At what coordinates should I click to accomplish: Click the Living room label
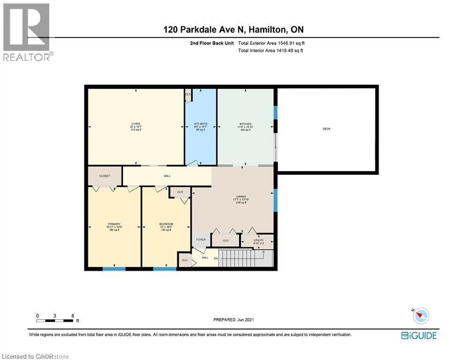click(x=136, y=124)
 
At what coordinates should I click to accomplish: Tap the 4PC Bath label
click(x=201, y=124)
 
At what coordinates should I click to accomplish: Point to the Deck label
click(x=326, y=128)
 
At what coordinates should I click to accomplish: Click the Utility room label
click(x=259, y=240)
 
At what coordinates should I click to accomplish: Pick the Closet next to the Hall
click(x=104, y=176)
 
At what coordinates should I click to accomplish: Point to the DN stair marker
click(x=216, y=258)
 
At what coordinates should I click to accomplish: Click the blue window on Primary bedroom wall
click(x=114, y=269)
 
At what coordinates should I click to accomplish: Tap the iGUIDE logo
click(x=419, y=335)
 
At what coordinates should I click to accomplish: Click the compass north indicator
click(x=420, y=315)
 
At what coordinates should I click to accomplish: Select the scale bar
click(x=55, y=320)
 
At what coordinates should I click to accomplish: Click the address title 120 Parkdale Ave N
click(x=233, y=30)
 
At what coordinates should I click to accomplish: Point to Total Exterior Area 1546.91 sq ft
click(x=274, y=43)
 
